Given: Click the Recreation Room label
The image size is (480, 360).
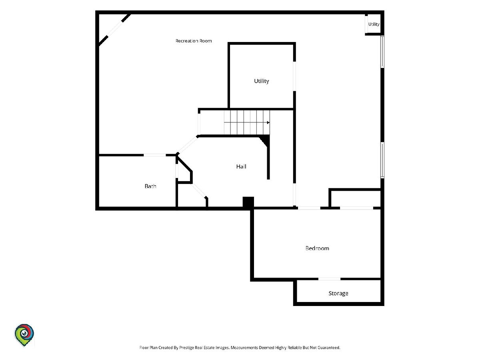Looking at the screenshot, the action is pyautogui.click(x=194, y=41).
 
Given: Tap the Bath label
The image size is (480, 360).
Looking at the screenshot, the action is pyautogui.click(x=150, y=186).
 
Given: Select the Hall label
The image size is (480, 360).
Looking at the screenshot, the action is pyautogui.click(x=241, y=166).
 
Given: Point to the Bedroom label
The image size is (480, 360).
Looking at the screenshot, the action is pyautogui.click(x=317, y=248).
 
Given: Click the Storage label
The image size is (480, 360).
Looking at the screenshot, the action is pyautogui.click(x=338, y=293).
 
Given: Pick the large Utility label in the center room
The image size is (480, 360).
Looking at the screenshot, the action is pyautogui.click(x=262, y=81).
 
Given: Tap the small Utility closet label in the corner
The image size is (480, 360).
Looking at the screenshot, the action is pyautogui.click(x=374, y=24).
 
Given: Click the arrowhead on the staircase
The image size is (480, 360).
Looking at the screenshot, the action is pyautogui.click(x=268, y=122).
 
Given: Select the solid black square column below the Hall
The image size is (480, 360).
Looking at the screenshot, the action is pyautogui.click(x=248, y=202).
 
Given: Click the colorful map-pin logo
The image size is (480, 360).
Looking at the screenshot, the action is pyautogui.click(x=24, y=335).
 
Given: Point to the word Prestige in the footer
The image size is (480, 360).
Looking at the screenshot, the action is pyautogui.click(x=186, y=347).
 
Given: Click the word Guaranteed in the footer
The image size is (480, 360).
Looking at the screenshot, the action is pyautogui.click(x=329, y=347).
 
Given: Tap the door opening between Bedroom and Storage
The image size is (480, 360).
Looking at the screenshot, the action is pyautogui.click(x=329, y=279).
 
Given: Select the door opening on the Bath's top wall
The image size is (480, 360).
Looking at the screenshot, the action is pyautogui.click(x=155, y=155).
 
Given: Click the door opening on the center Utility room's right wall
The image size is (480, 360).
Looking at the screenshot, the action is pyautogui.click(x=294, y=76).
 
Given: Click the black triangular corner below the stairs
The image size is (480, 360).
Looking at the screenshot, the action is pyautogui.click(x=265, y=140).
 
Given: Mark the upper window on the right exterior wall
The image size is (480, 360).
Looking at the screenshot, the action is pyautogui.click(x=382, y=52).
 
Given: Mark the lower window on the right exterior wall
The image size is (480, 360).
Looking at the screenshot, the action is pyautogui.click(x=382, y=160).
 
